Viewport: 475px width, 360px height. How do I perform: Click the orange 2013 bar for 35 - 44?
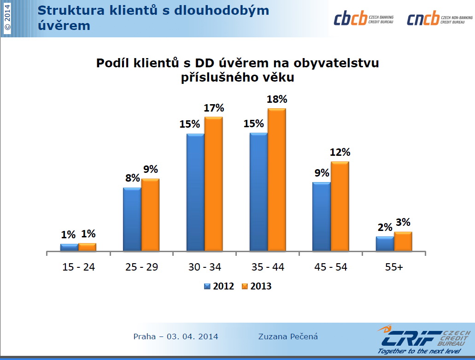pyautogui.click(x=277, y=180)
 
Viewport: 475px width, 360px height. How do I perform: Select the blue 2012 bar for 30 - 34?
pyautogui.click(x=195, y=192)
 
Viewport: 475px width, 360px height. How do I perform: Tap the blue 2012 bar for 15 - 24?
pyautogui.click(x=69, y=248)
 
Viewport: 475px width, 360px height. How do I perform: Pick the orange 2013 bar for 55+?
pyautogui.click(x=403, y=242)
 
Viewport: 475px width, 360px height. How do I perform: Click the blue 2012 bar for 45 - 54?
pyautogui.click(x=322, y=217)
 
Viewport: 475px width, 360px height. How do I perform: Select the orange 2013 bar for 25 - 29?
pyautogui.click(x=150, y=215)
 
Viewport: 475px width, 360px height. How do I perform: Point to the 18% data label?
pyautogui.click(x=277, y=99)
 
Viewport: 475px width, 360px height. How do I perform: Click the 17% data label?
pyautogui.click(x=214, y=108)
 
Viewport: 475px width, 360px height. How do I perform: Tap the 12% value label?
pyautogui.click(x=340, y=152)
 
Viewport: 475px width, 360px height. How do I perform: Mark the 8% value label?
pyautogui.click(x=132, y=178)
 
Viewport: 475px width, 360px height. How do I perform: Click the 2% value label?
pyautogui.click(x=385, y=227)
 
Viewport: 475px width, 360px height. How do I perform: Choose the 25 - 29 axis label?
pyautogui.click(x=141, y=267)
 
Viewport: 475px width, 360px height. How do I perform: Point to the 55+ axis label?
pyautogui.click(x=394, y=267)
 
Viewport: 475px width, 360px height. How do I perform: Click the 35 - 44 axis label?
pyautogui.click(x=268, y=267)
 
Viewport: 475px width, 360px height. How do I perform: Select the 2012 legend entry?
pyautogui.click(x=219, y=286)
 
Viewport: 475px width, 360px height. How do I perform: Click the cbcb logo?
pyautogui.click(x=364, y=18)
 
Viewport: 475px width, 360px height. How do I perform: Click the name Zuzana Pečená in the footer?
pyautogui.click(x=288, y=336)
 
